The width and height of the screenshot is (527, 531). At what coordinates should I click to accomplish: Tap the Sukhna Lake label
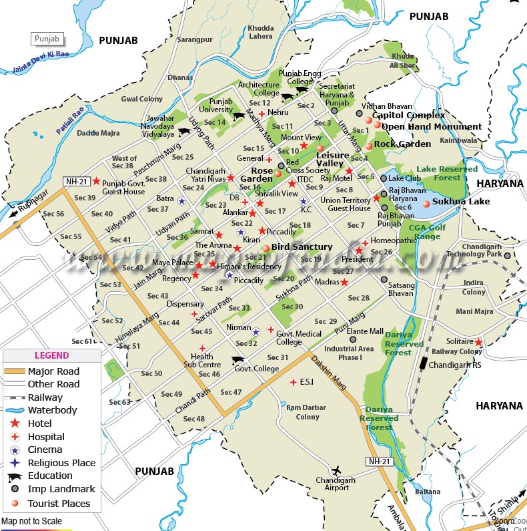click(460, 201)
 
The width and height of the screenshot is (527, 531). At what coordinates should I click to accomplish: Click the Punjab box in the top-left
click(47, 39)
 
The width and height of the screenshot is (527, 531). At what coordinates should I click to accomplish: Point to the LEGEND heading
click(51, 356)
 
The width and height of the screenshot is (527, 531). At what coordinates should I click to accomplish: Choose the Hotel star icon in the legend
click(14, 423)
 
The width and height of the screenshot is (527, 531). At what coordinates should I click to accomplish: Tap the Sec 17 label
click(275, 212)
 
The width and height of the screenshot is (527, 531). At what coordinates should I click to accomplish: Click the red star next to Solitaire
click(478, 342)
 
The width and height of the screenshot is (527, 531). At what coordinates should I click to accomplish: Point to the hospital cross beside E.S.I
click(292, 382)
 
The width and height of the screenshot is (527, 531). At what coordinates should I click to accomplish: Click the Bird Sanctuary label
click(302, 247)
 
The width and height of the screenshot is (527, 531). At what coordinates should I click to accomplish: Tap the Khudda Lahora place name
click(260, 32)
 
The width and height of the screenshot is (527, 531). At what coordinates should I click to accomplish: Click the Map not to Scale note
click(31, 521)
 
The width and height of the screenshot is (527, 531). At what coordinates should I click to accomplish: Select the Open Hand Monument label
click(431, 127)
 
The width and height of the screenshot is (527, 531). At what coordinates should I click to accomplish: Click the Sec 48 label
click(193, 419)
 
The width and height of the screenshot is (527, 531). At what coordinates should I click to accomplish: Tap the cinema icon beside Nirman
click(255, 331)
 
